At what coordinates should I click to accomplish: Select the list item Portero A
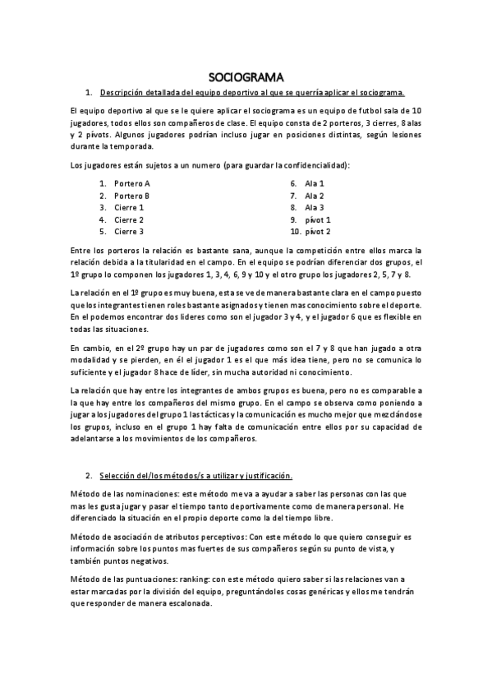tap(132, 183)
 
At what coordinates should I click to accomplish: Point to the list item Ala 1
tap(315, 183)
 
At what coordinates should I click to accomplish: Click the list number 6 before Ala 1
tap(293, 183)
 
